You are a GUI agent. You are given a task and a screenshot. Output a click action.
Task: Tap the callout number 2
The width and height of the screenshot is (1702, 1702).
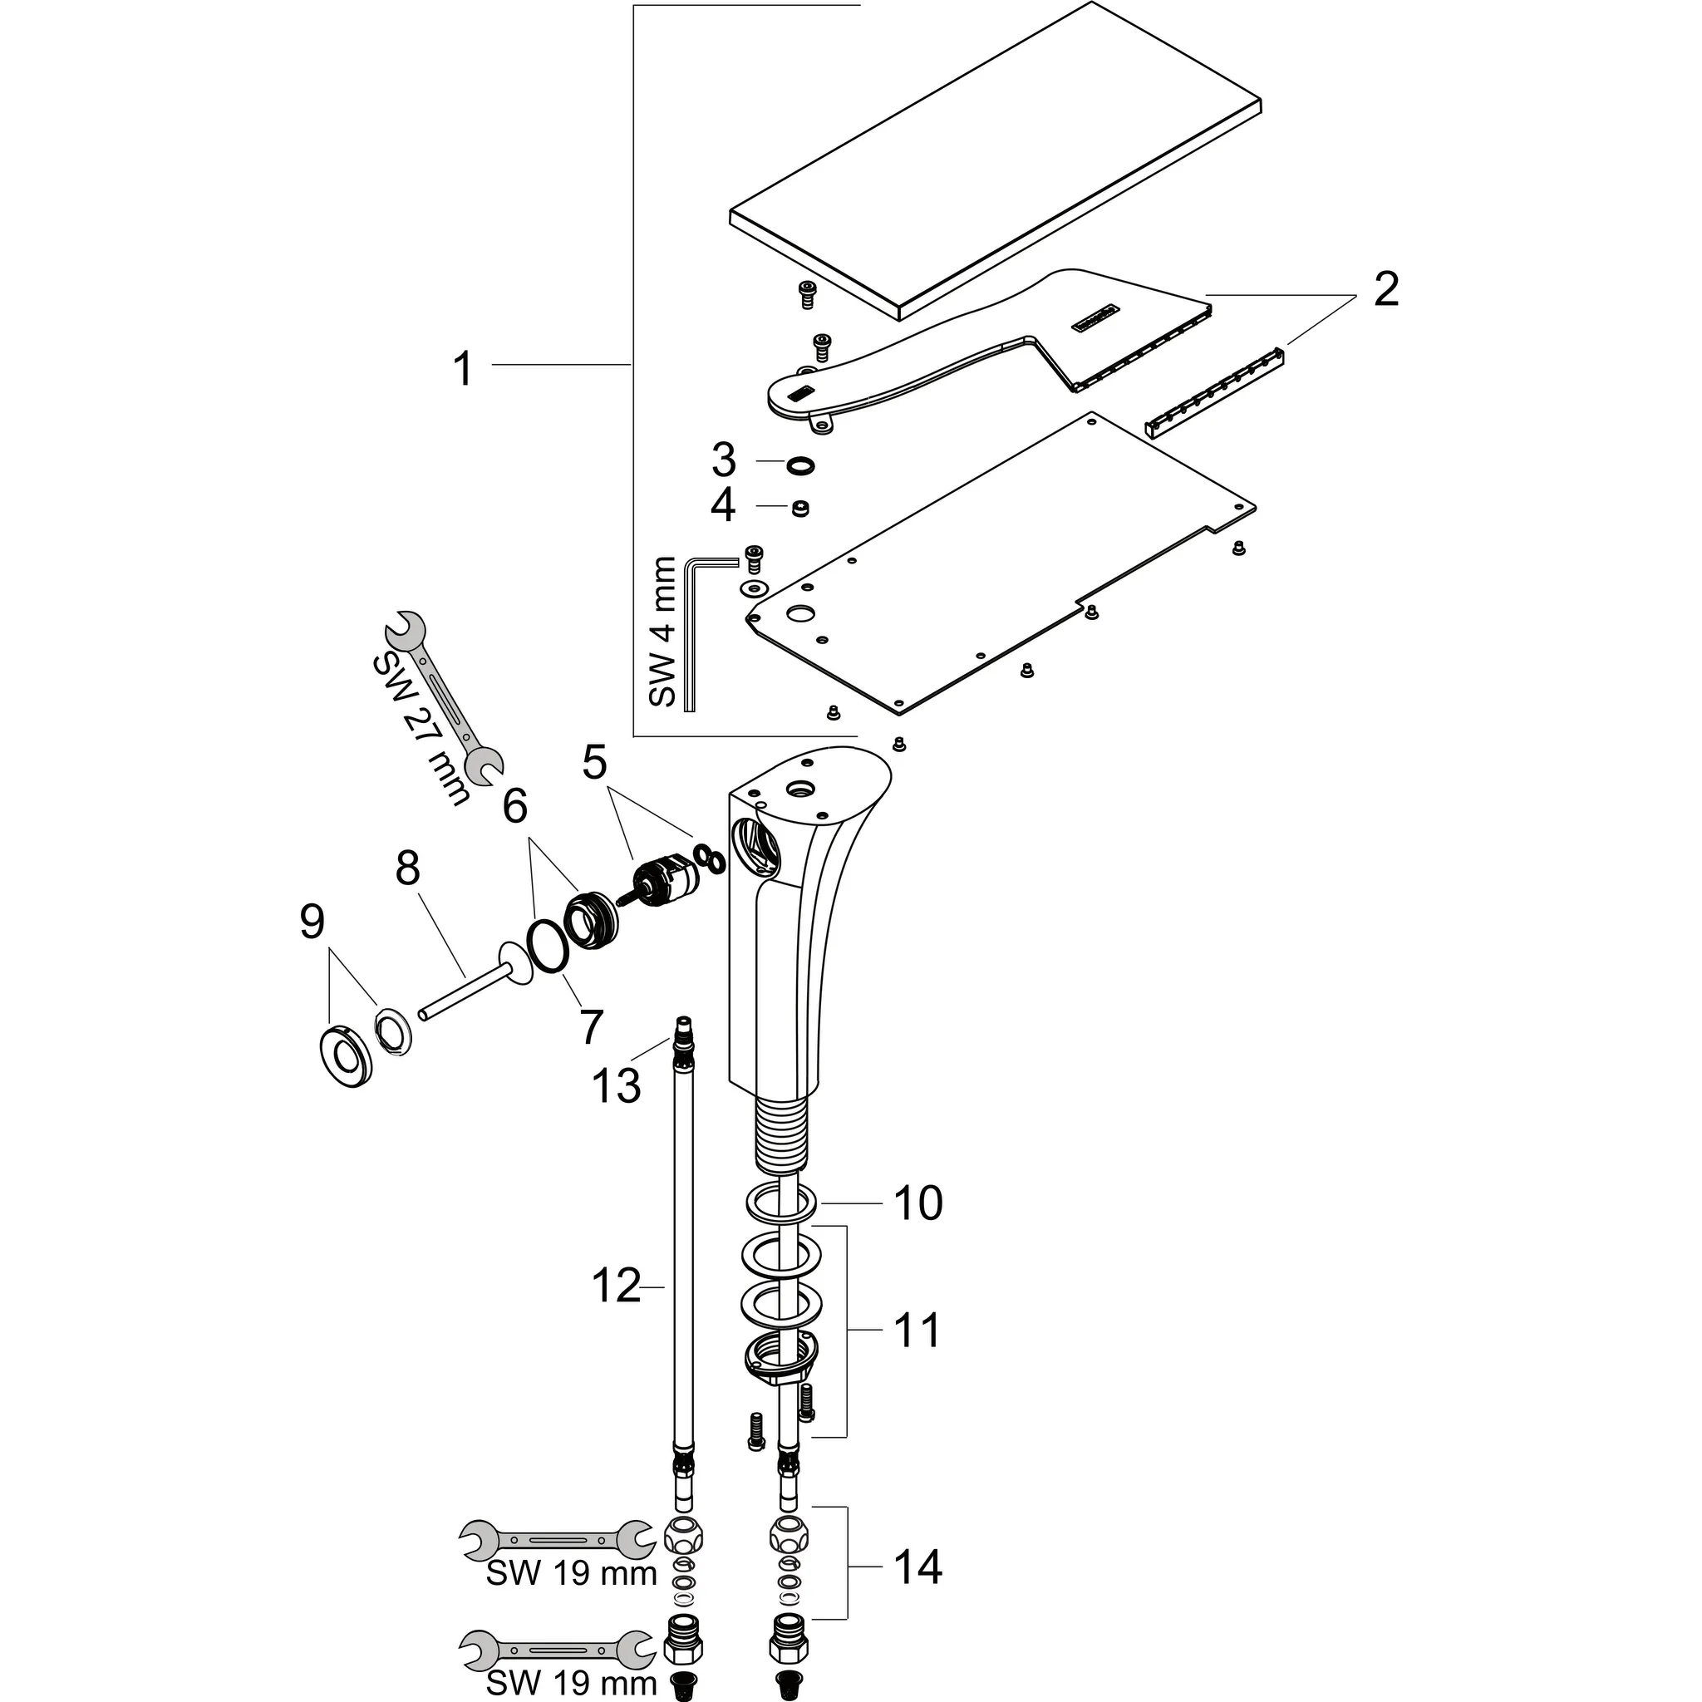(x=1385, y=290)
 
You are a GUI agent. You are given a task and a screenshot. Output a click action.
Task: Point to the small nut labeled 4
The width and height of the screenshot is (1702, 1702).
(x=800, y=509)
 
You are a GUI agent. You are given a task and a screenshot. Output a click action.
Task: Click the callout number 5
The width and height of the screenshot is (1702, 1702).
(x=595, y=762)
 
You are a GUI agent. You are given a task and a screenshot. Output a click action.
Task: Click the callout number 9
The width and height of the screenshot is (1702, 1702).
(x=312, y=922)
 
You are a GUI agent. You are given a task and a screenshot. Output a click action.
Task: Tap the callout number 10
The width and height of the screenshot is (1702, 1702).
(x=918, y=1203)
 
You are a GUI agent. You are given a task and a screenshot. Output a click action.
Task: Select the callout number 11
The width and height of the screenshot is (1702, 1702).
(x=917, y=1331)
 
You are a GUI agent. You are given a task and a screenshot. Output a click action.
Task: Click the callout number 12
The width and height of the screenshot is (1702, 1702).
(x=616, y=1287)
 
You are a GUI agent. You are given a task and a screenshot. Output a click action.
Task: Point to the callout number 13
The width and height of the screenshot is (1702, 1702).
(x=616, y=1085)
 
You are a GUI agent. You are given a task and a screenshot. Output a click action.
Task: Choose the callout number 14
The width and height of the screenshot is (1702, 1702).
(x=918, y=1567)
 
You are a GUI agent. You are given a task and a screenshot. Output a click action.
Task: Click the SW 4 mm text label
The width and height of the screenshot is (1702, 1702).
(x=662, y=632)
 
